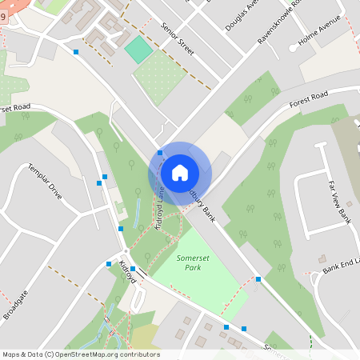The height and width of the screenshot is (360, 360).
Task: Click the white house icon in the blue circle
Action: [x=179, y=173]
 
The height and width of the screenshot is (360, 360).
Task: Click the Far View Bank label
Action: [x=338, y=201]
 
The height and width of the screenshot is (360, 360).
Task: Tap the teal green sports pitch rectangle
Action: [x=138, y=50]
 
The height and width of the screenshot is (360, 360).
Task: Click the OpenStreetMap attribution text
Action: [x=80, y=354]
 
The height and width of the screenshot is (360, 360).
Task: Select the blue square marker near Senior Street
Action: [x=76, y=52]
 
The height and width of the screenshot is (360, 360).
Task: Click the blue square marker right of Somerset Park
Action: [x=258, y=279]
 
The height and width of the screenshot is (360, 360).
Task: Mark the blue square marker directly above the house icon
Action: [x=160, y=152]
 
